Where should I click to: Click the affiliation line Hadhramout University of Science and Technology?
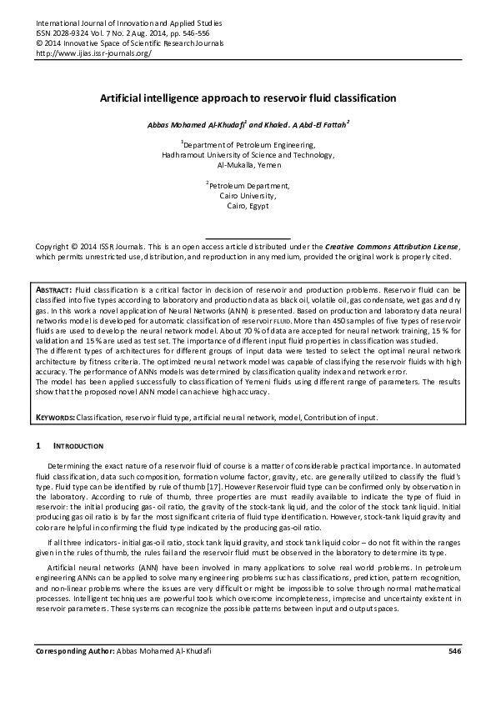(248, 155)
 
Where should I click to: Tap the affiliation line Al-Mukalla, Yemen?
(248, 165)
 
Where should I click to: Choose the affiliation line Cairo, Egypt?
(248, 204)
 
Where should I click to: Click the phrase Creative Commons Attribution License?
(391, 248)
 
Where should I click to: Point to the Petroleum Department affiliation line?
(248, 185)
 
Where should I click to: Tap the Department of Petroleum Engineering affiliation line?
(248, 145)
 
